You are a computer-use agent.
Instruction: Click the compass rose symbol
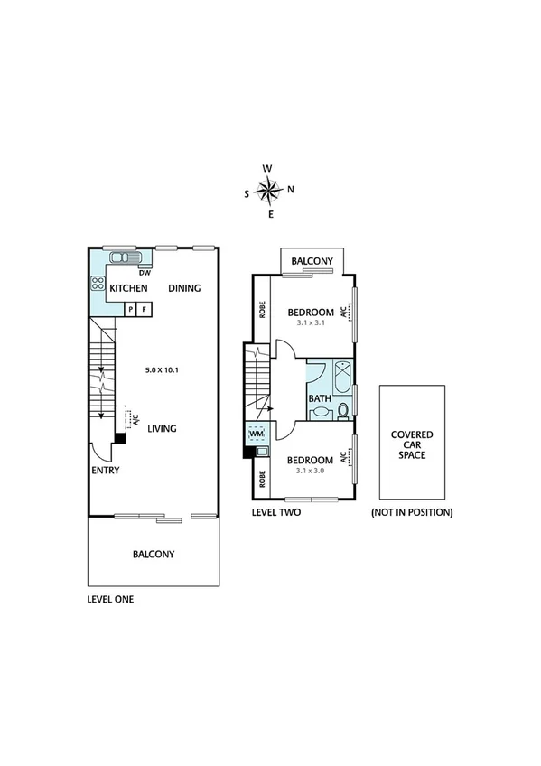click(269, 190)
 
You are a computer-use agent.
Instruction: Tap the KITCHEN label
click(128, 288)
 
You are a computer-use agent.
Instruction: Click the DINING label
click(184, 288)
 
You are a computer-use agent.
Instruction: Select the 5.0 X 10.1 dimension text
click(165, 370)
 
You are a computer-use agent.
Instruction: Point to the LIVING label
click(162, 429)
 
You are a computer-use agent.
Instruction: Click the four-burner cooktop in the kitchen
click(98, 285)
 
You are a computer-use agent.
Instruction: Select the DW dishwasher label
click(144, 272)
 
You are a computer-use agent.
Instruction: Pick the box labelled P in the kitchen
click(130, 310)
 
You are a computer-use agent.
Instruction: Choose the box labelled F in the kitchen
click(144, 310)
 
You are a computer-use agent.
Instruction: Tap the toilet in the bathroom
click(343, 412)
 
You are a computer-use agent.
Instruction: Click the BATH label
click(319, 398)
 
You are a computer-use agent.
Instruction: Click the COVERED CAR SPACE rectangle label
click(411, 444)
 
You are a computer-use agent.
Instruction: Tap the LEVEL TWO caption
click(276, 512)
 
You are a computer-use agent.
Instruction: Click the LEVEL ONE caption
click(110, 599)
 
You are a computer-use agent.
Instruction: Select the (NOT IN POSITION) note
click(412, 512)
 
